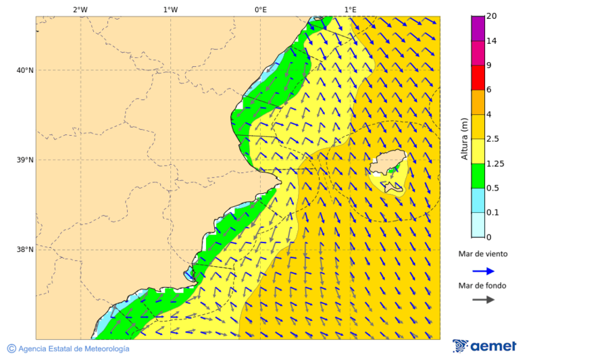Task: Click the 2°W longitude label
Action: [80, 9]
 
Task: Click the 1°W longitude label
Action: [170, 9]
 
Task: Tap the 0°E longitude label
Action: [260, 9]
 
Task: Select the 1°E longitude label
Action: [350, 9]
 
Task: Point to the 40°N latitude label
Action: [24, 70]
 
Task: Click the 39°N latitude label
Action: [24, 160]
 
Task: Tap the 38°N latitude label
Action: [24, 250]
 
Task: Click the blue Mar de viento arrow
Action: [483, 271]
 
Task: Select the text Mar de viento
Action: [483, 254]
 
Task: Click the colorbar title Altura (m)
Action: [464, 138]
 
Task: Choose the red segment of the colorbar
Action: [478, 78]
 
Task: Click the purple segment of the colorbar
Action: [478, 28]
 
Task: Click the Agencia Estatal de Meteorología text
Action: [74, 349]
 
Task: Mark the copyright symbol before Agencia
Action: [11, 349]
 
